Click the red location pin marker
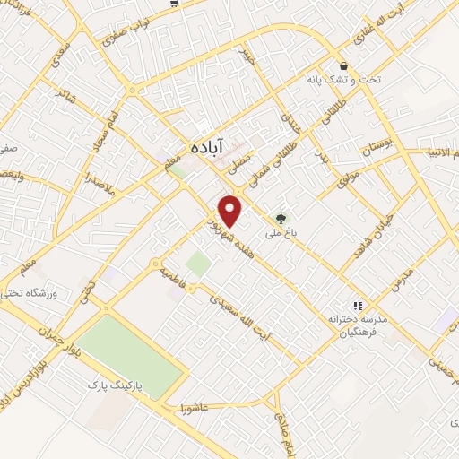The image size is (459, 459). (x=231, y=210)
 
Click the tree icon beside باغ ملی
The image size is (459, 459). (x=282, y=218)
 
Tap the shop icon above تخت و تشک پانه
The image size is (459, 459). (x=344, y=65)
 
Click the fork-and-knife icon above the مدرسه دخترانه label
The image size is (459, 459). (x=357, y=306)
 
